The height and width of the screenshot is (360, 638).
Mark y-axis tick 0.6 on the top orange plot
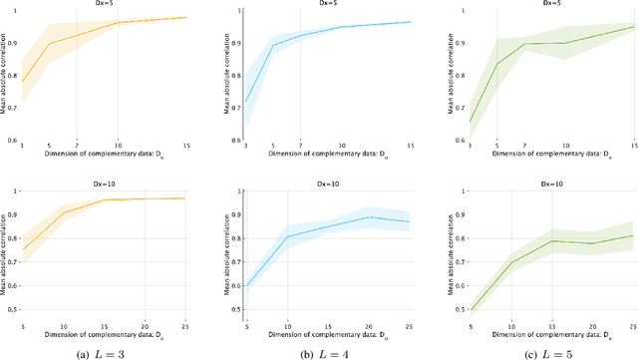9,139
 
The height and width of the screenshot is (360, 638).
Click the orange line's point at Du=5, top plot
50,44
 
